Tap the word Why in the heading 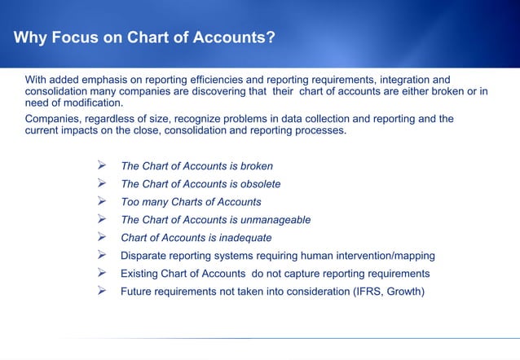[31, 37]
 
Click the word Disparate [144, 256]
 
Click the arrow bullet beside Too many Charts [103, 201]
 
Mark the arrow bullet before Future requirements [103, 291]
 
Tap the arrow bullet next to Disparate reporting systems [103, 255]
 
